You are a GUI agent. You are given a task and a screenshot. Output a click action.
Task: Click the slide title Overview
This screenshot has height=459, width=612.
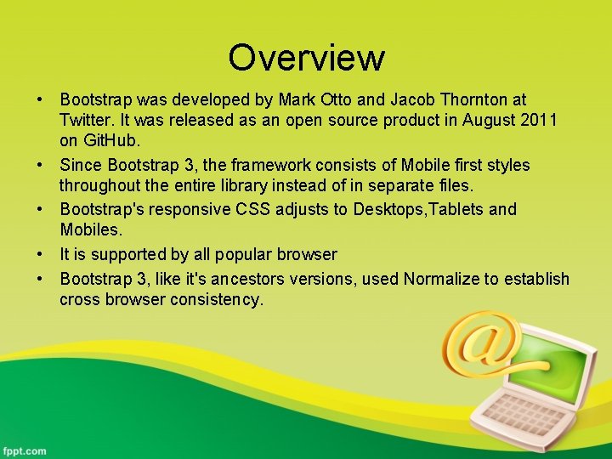pyautogui.click(x=306, y=58)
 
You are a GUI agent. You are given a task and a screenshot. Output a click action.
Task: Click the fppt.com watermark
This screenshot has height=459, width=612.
pyautogui.click(x=25, y=450)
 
